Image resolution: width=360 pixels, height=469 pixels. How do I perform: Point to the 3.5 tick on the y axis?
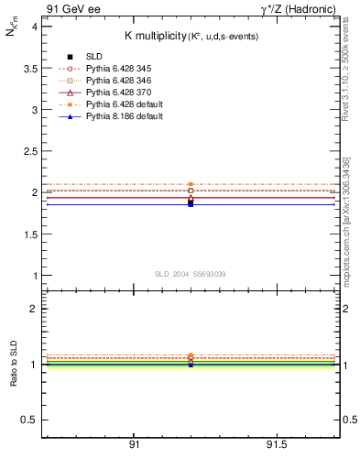click(x=30, y=69)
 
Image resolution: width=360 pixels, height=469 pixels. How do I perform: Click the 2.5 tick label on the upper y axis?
click(x=30, y=151)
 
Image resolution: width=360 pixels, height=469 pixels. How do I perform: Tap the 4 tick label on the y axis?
click(x=34, y=27)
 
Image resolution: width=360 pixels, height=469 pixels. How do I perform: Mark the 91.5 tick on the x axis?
click(x=276, y=444)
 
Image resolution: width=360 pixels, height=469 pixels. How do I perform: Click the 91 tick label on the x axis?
click(x=134, y=444)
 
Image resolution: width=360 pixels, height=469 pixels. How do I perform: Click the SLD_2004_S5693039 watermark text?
click(x=191, y=274)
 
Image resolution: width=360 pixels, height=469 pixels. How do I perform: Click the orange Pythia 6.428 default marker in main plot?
click(x=191, y=185)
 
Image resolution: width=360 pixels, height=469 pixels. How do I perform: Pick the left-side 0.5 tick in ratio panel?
click(x=30, y=420)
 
